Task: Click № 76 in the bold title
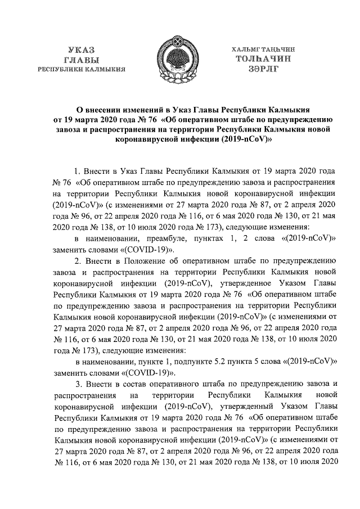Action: click(146, 120)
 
